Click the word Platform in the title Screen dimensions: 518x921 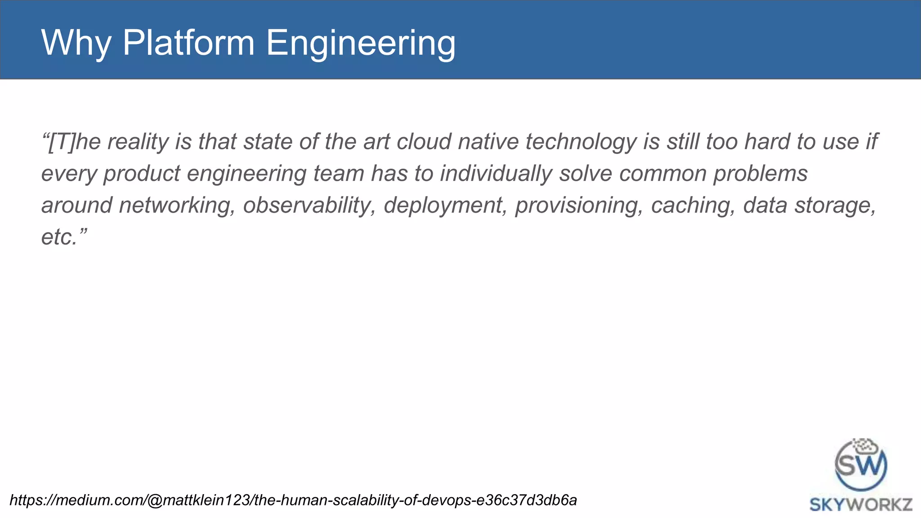tap(188, 43)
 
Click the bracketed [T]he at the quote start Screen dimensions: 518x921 tap(71, 142)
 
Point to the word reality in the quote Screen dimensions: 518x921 tap(138, 142)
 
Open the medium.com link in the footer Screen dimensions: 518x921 tap(293, 500)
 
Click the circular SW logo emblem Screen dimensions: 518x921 tap(861, 465)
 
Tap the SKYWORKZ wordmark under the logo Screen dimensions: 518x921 tap(861, 505)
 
